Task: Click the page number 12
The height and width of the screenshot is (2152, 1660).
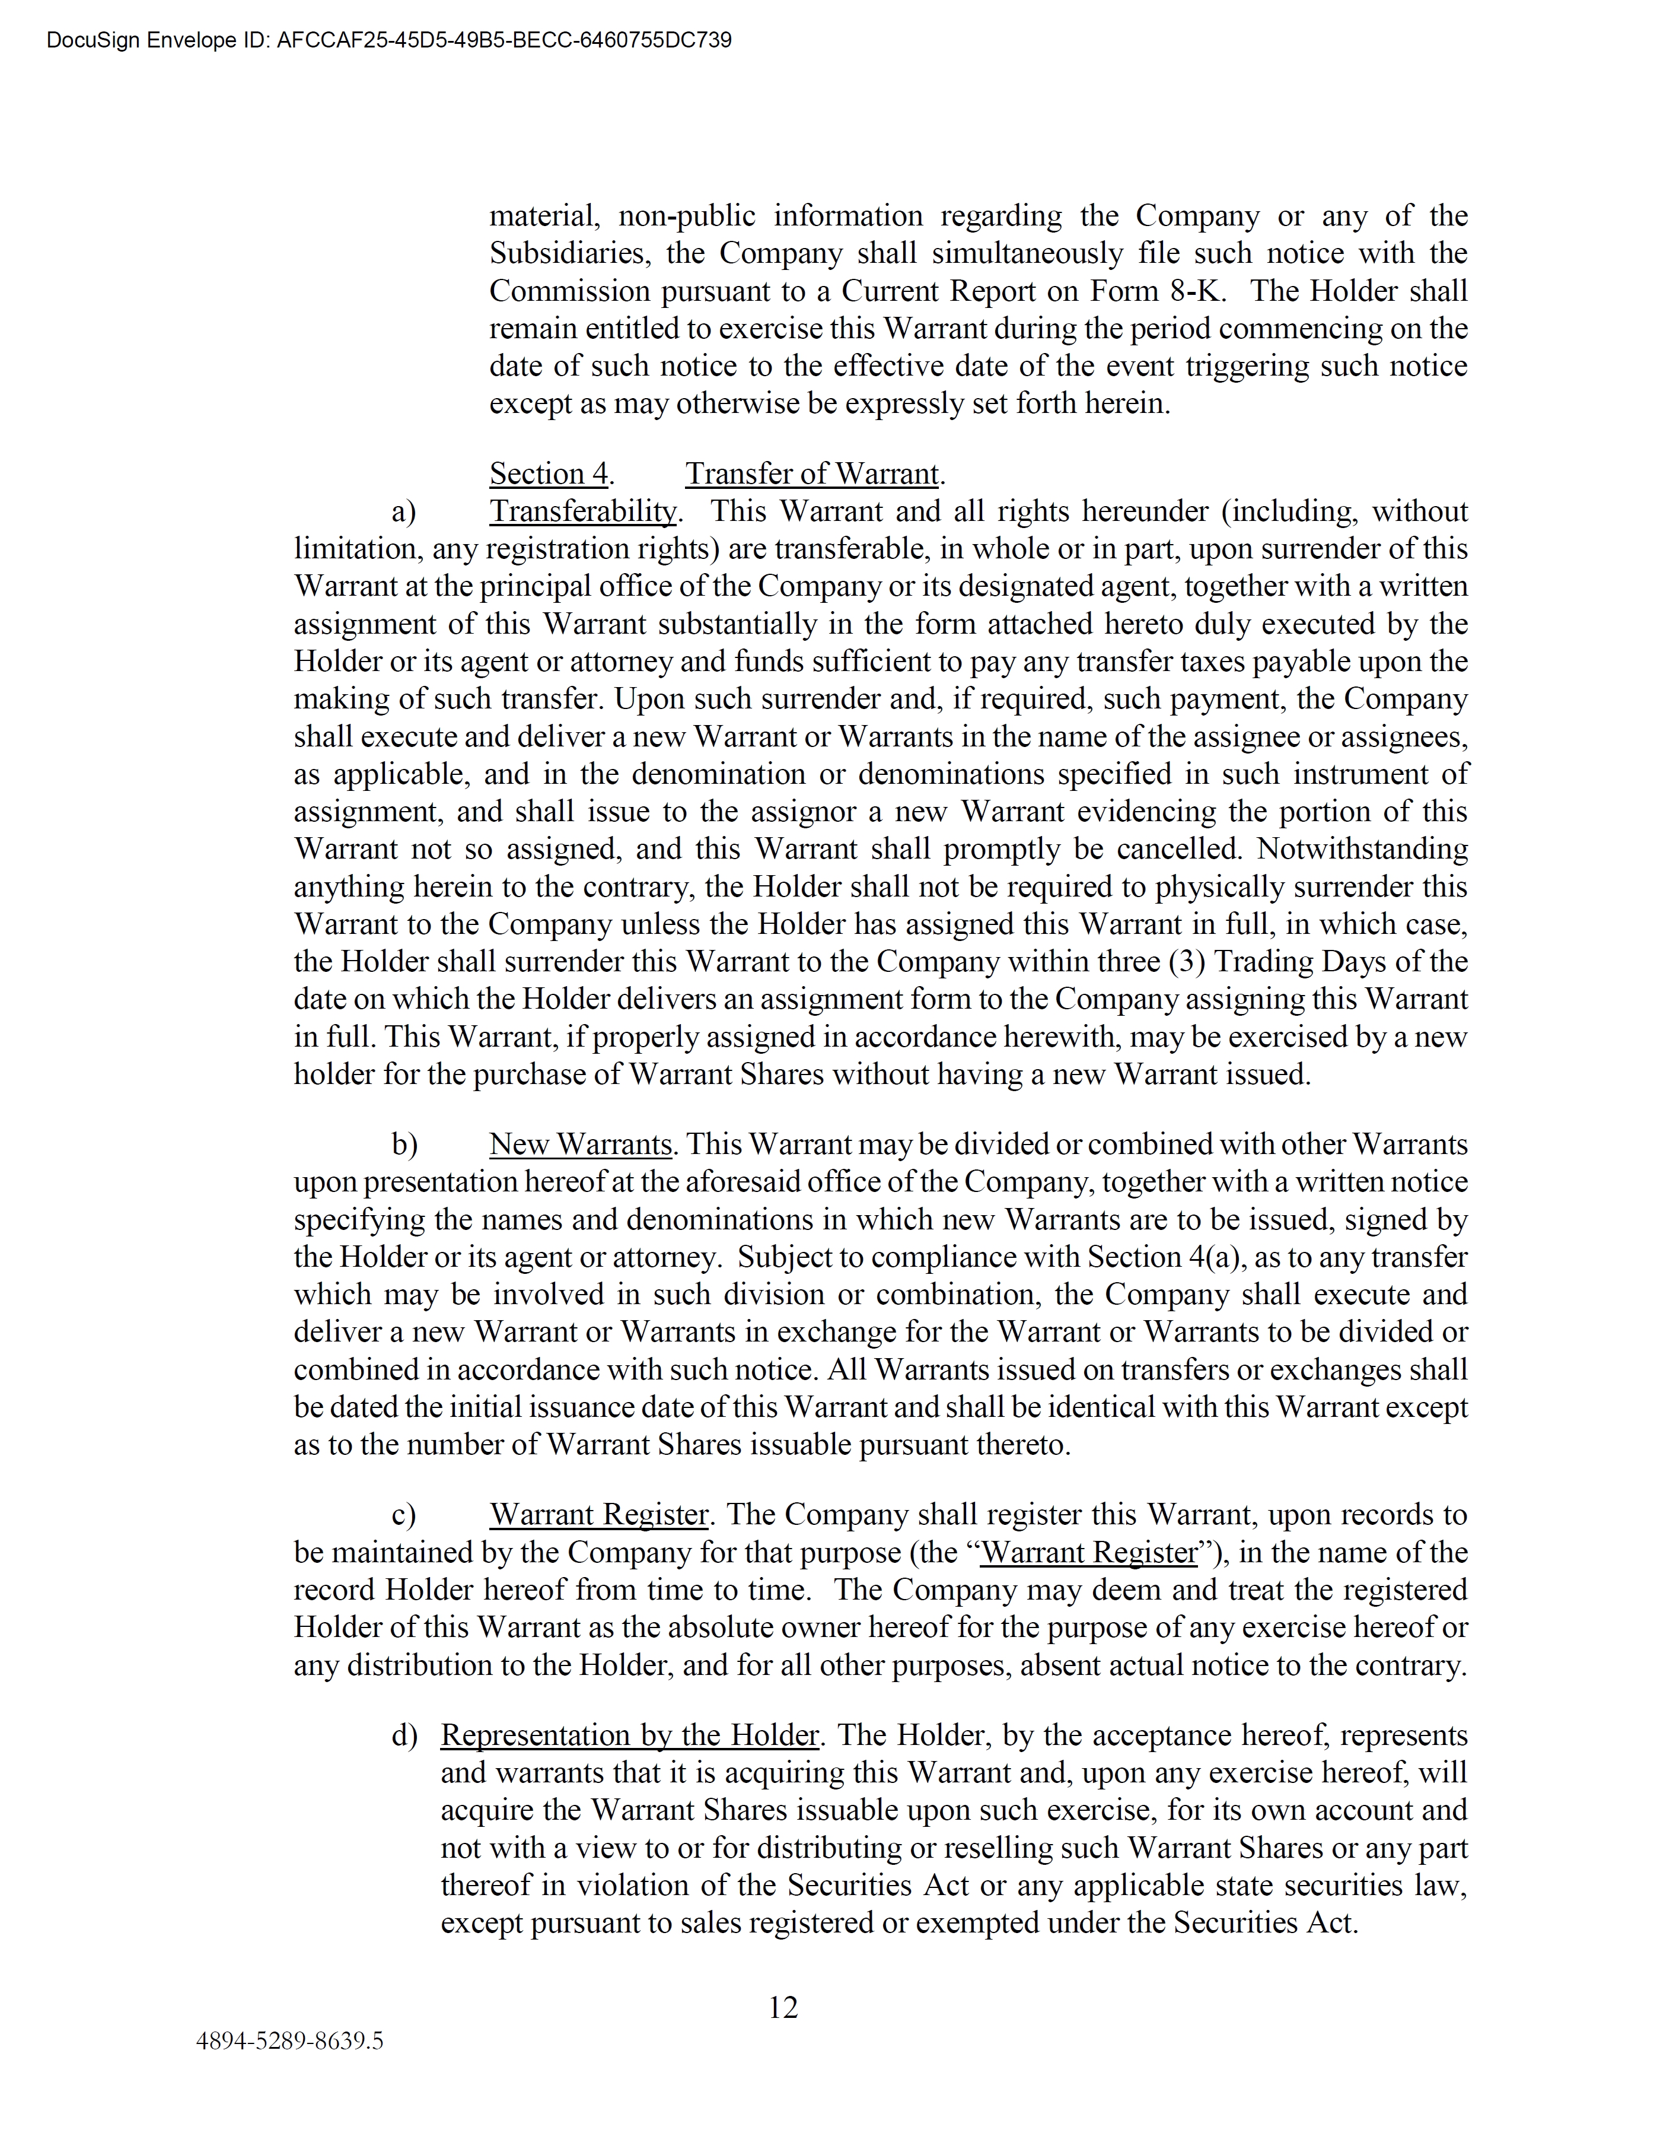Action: coord(783,2007)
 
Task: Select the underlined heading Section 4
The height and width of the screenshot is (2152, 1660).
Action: coord(549,474)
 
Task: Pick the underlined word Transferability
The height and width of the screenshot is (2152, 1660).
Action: coord(583,511)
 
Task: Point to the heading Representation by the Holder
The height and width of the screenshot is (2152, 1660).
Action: coord(629,1735)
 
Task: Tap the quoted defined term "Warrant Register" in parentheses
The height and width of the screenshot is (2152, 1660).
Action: coord(1089,1553)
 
